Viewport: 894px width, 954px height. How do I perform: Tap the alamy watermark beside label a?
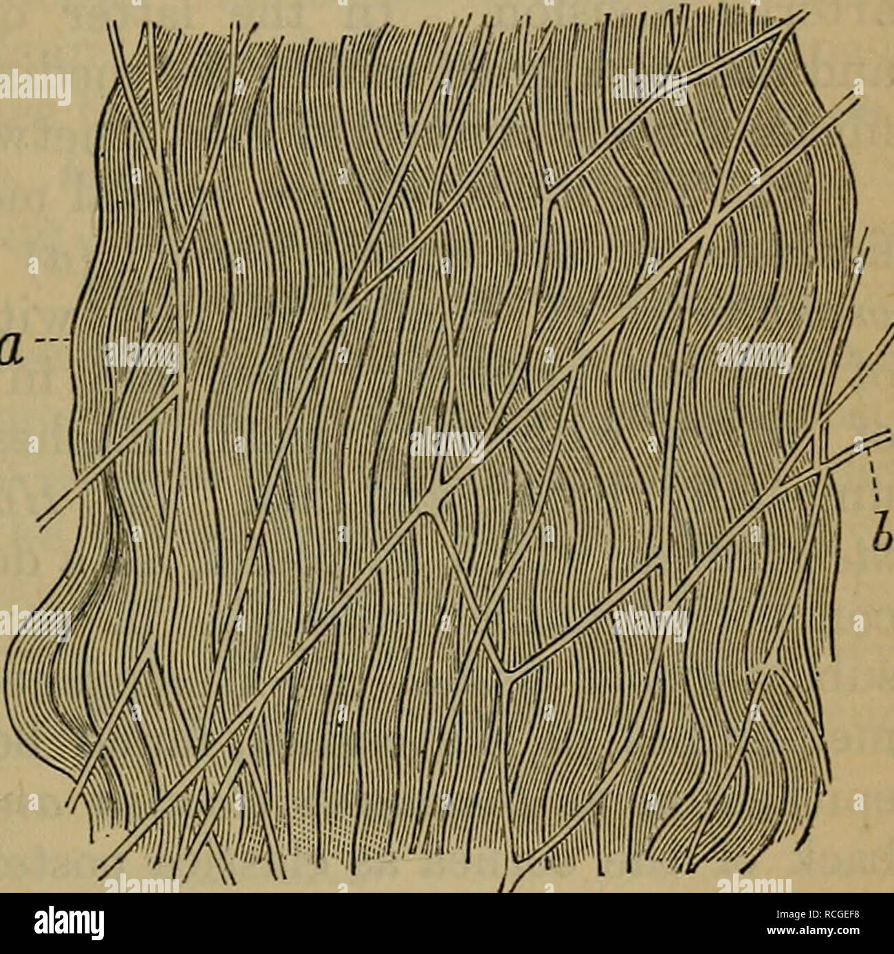click(141, 356)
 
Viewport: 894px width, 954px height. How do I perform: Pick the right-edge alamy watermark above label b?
click(753, 356)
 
